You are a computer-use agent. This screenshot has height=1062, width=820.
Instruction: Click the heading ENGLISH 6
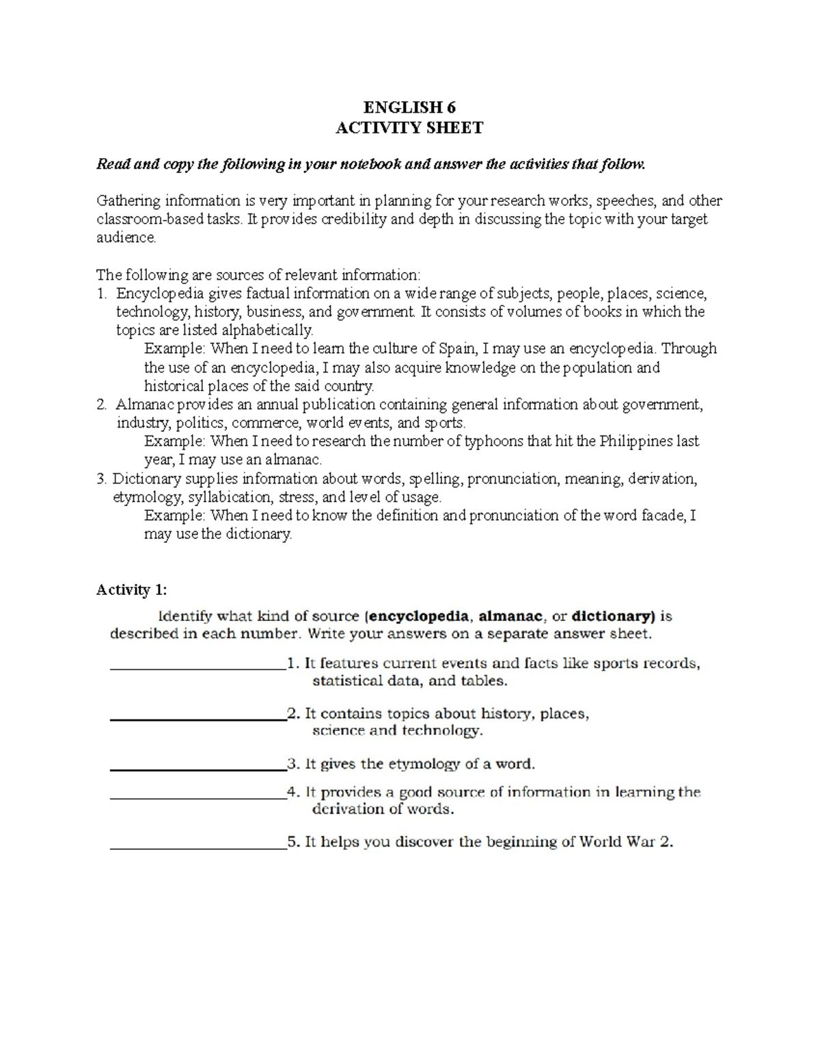[409, 107]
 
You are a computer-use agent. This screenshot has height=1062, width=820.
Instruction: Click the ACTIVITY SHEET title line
[409, 128]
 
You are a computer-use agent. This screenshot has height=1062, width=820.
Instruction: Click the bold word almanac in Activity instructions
[508, 616]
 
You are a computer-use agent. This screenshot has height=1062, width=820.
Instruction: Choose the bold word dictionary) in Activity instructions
[614, 616]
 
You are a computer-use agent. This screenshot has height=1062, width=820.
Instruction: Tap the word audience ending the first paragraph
[126, 238]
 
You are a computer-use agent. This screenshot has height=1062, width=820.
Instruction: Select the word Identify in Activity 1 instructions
[185, 616]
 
